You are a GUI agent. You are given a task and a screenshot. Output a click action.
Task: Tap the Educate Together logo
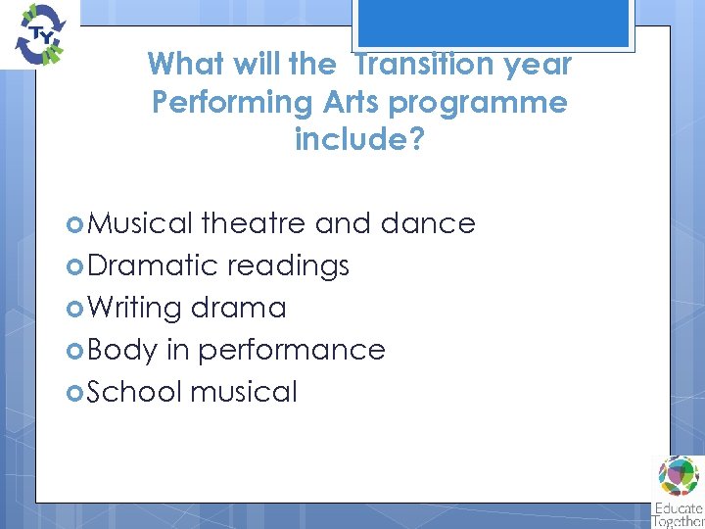(x=679, y=490)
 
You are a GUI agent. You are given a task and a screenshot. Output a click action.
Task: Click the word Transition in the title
(x=412, y=65)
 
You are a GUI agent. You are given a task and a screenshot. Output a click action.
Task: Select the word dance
(x=428, y=223)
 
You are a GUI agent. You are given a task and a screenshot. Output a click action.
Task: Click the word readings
(x=288, y=266)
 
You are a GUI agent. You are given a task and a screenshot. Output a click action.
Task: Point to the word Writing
(x=134, y=308)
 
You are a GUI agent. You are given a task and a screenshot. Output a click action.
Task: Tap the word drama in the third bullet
(x=239, y=308)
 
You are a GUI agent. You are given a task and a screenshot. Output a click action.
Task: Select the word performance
(x=292, y=351)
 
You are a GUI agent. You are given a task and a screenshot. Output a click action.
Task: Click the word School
(x=135, y=392)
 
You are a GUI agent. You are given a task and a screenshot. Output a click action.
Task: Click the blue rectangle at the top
(x=493, y=23)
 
